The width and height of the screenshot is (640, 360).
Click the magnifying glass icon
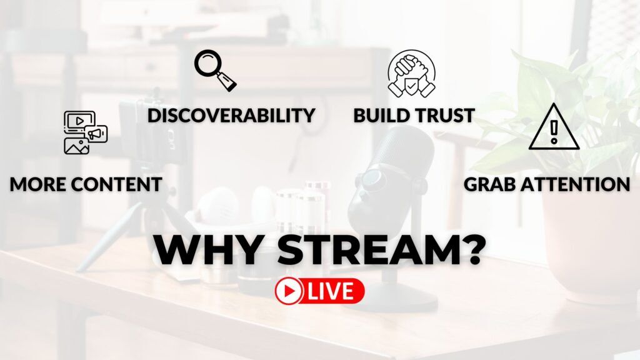coord(216,70)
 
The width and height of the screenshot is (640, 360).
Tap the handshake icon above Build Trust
coord(411,74)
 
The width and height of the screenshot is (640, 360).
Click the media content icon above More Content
coord(85,132)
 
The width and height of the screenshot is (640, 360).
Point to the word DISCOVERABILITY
coord(231,116)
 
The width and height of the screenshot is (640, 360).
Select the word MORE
coord(36,184)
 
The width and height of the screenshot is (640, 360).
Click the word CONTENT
coord(116,184)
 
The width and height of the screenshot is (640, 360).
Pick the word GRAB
coord(491,184)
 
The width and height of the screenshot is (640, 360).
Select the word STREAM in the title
coord(366,250)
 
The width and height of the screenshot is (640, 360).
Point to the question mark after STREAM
coord(472,250)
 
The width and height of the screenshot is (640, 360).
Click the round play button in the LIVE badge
coord(289,291)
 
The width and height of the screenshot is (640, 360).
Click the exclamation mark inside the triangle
coord(554,131)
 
